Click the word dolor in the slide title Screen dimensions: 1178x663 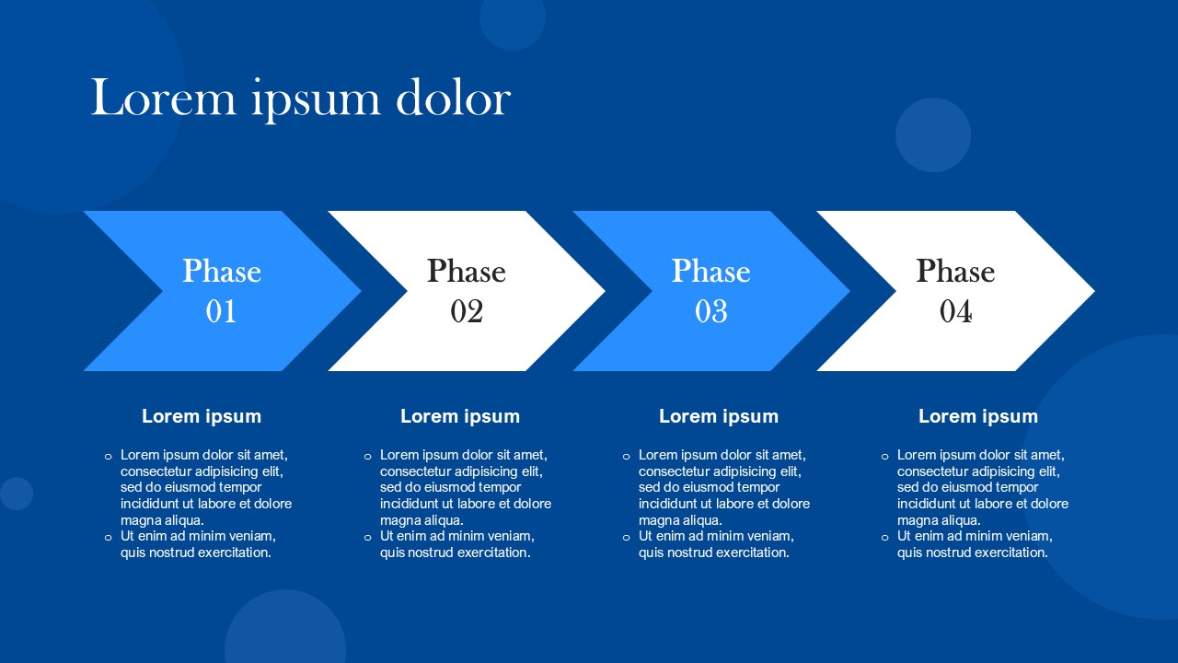pos(454,98)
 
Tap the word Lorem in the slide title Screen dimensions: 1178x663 pos(164,98)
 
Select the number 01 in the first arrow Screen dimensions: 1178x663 pos(221,311)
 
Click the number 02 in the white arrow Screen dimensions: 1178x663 pos(467,311)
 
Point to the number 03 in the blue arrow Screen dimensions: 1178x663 pos(711,311)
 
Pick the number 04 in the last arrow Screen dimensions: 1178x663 pos(955,311)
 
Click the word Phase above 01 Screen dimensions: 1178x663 pos(222,271)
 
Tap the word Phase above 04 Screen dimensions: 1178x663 pos(955,271)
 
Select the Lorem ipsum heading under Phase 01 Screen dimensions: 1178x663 pos(202,416)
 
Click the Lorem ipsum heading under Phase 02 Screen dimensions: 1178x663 pos(460,416)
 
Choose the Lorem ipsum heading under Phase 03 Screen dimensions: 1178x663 pos(719,416)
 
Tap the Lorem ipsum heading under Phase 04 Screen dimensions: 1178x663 pos(978,416)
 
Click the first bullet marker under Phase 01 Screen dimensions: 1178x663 pos(109,456)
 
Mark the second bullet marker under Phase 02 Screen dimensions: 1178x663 pos(367,538)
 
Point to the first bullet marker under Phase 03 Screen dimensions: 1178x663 pos(626,456)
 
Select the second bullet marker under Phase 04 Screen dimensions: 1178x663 pos(884,538)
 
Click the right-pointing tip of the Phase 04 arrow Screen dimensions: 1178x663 pos(1094,291)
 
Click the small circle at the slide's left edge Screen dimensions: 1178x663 pos(17,494)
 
